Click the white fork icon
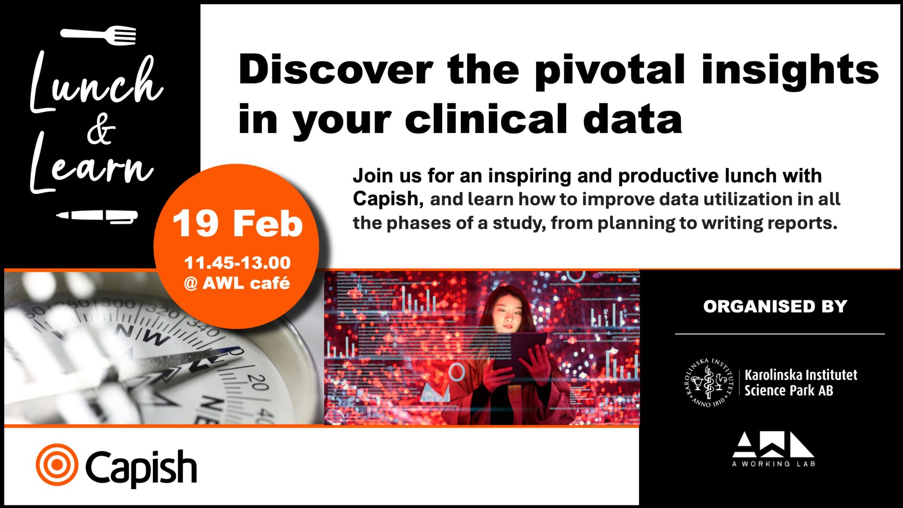point(98,35)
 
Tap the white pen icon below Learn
point(97,216)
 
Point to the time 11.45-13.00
point(238,262)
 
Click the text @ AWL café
point(237,283)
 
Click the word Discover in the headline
point(335,70)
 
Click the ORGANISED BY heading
point(775,306)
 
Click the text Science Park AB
point(789,390)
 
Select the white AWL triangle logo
point(773,444)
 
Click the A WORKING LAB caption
point(774,464)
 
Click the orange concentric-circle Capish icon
point(57,465)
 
